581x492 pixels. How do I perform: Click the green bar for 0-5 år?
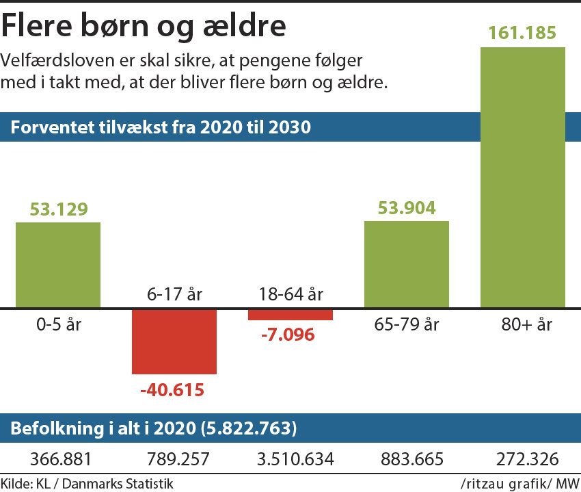[58, 265]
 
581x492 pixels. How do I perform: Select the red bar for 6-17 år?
[174, 341]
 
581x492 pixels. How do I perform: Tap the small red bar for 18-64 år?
[290, 314]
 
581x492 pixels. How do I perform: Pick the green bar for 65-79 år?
[407, 264]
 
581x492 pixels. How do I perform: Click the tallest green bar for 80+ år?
[523, 177]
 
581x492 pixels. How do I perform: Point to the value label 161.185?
[523, 32]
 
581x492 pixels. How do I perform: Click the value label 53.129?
[58, 209]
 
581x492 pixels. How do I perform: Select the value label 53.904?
[407, 208]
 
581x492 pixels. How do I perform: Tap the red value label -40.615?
[174, 391]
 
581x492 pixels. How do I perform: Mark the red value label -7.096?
[290, 335]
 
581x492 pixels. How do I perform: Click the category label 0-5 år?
[58, 324]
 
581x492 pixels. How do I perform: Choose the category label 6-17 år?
[174, 295]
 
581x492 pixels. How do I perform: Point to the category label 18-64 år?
[290, 295]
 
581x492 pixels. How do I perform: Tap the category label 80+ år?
[523, 324]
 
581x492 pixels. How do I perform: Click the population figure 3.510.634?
[290, 460]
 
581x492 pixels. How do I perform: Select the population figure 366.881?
[58, 460]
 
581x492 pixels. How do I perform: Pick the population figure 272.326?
[523, 460]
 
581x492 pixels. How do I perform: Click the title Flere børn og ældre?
[144, 26]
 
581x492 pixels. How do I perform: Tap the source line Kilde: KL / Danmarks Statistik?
[87, 484]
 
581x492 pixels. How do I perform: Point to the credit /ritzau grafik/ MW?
[519, 484]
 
